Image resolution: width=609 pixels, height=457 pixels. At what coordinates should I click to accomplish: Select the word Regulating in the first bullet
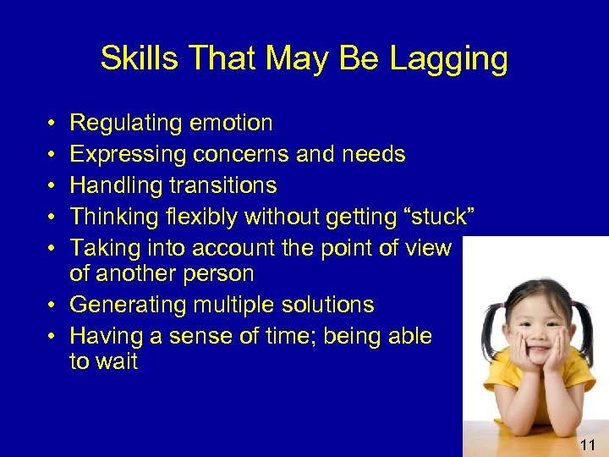pos(126,124)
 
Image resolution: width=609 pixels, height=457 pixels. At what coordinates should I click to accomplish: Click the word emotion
pos(231,124)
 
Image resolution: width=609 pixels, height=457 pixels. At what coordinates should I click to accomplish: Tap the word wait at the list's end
pos(116,362)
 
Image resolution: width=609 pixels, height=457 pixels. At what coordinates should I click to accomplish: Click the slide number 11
pos(589,444)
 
